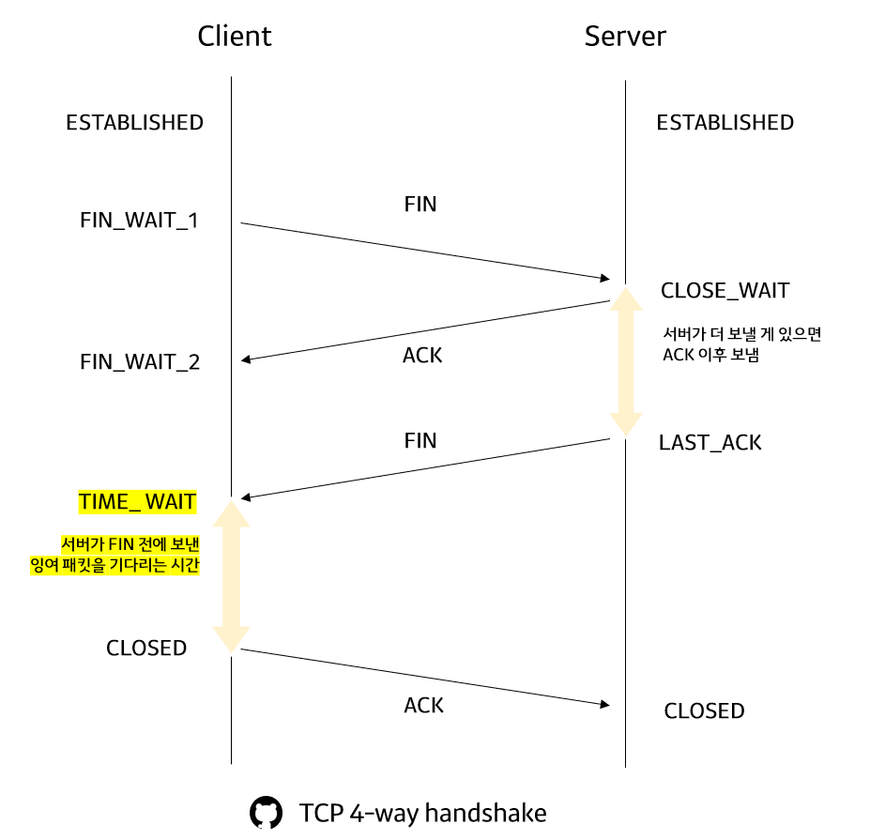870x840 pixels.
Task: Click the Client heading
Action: click(x=234, y=37)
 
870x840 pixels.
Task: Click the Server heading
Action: click(x=625, y=37)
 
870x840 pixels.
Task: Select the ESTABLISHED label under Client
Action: click(x=134, y=123)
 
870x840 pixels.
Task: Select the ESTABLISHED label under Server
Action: click(x=725, y=123)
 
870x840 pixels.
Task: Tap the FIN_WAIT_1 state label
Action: click(x=139, y=222)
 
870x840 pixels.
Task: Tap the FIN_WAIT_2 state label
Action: click(x=140, y=362)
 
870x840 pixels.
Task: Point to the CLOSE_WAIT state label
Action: click(x=725, y=291)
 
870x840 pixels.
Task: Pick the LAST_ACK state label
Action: click(x=710, y=443)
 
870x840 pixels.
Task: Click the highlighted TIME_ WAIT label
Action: click(x=137, y=502)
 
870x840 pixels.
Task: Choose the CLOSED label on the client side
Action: click(x=146, y=649)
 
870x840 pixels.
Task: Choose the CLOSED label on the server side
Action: click(x=704, y=711)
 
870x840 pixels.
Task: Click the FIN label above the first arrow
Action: click(x=420, y=205)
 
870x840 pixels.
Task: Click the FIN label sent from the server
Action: click(x=420, y=441)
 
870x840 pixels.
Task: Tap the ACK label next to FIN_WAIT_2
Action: click(x=422, y=357)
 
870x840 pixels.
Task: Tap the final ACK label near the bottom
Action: click(x=423, y=706)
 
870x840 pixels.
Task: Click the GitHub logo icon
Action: click(x=266, y=813)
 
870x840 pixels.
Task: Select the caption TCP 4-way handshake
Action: click(x=422, y=813)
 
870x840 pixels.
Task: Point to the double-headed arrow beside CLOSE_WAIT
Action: click(x=625, y=361)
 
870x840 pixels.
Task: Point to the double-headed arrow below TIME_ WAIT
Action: click(x=231, y=575)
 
